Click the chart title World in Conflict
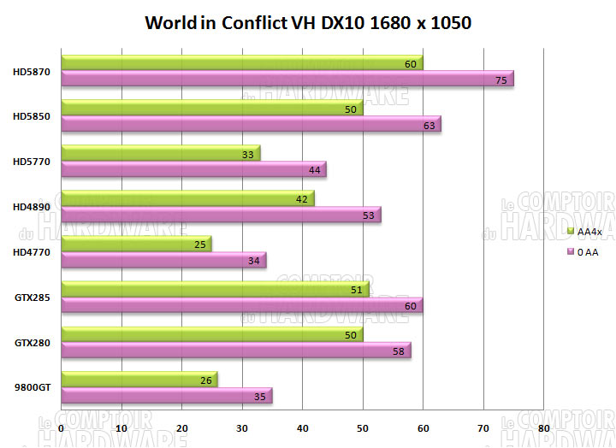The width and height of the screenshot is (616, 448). click(x=308, y=22)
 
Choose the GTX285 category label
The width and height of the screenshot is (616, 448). click(x=33, y=298)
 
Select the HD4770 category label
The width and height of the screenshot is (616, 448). click(x=32, y=252)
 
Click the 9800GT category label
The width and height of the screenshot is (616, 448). click(x=33, y=388)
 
